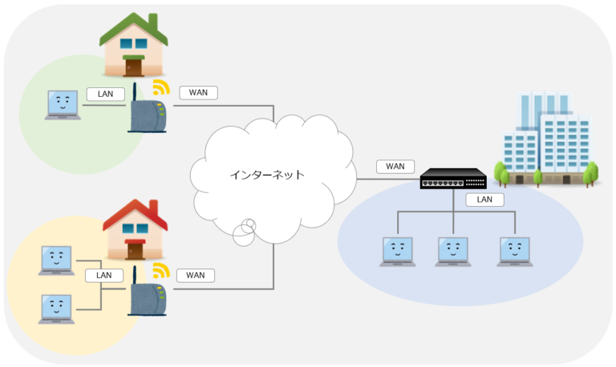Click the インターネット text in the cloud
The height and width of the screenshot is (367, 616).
click(266, 174)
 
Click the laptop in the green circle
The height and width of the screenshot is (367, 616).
click(63, 105)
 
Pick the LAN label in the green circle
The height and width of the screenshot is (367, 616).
click(106, 94)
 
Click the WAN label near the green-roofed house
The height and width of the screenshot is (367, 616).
click(198, 92)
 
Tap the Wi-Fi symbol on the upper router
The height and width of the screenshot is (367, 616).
click(162, 88)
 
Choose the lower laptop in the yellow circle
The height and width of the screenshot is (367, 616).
click(55, 307)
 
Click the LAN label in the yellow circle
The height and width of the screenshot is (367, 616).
click(104, 275)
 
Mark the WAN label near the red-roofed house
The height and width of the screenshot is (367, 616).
click(196, 275)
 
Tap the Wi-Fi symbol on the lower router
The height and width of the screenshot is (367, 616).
click(162, 270)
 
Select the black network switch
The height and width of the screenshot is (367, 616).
click(453, 179)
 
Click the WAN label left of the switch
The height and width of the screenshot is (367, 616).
click(395, 167)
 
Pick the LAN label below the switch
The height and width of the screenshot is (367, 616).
click(484, 200)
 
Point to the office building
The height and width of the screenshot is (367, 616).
click(549, 140)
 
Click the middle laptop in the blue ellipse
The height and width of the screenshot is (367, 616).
click(453, 251)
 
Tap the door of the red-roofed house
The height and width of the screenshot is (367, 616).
click(135, 249)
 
